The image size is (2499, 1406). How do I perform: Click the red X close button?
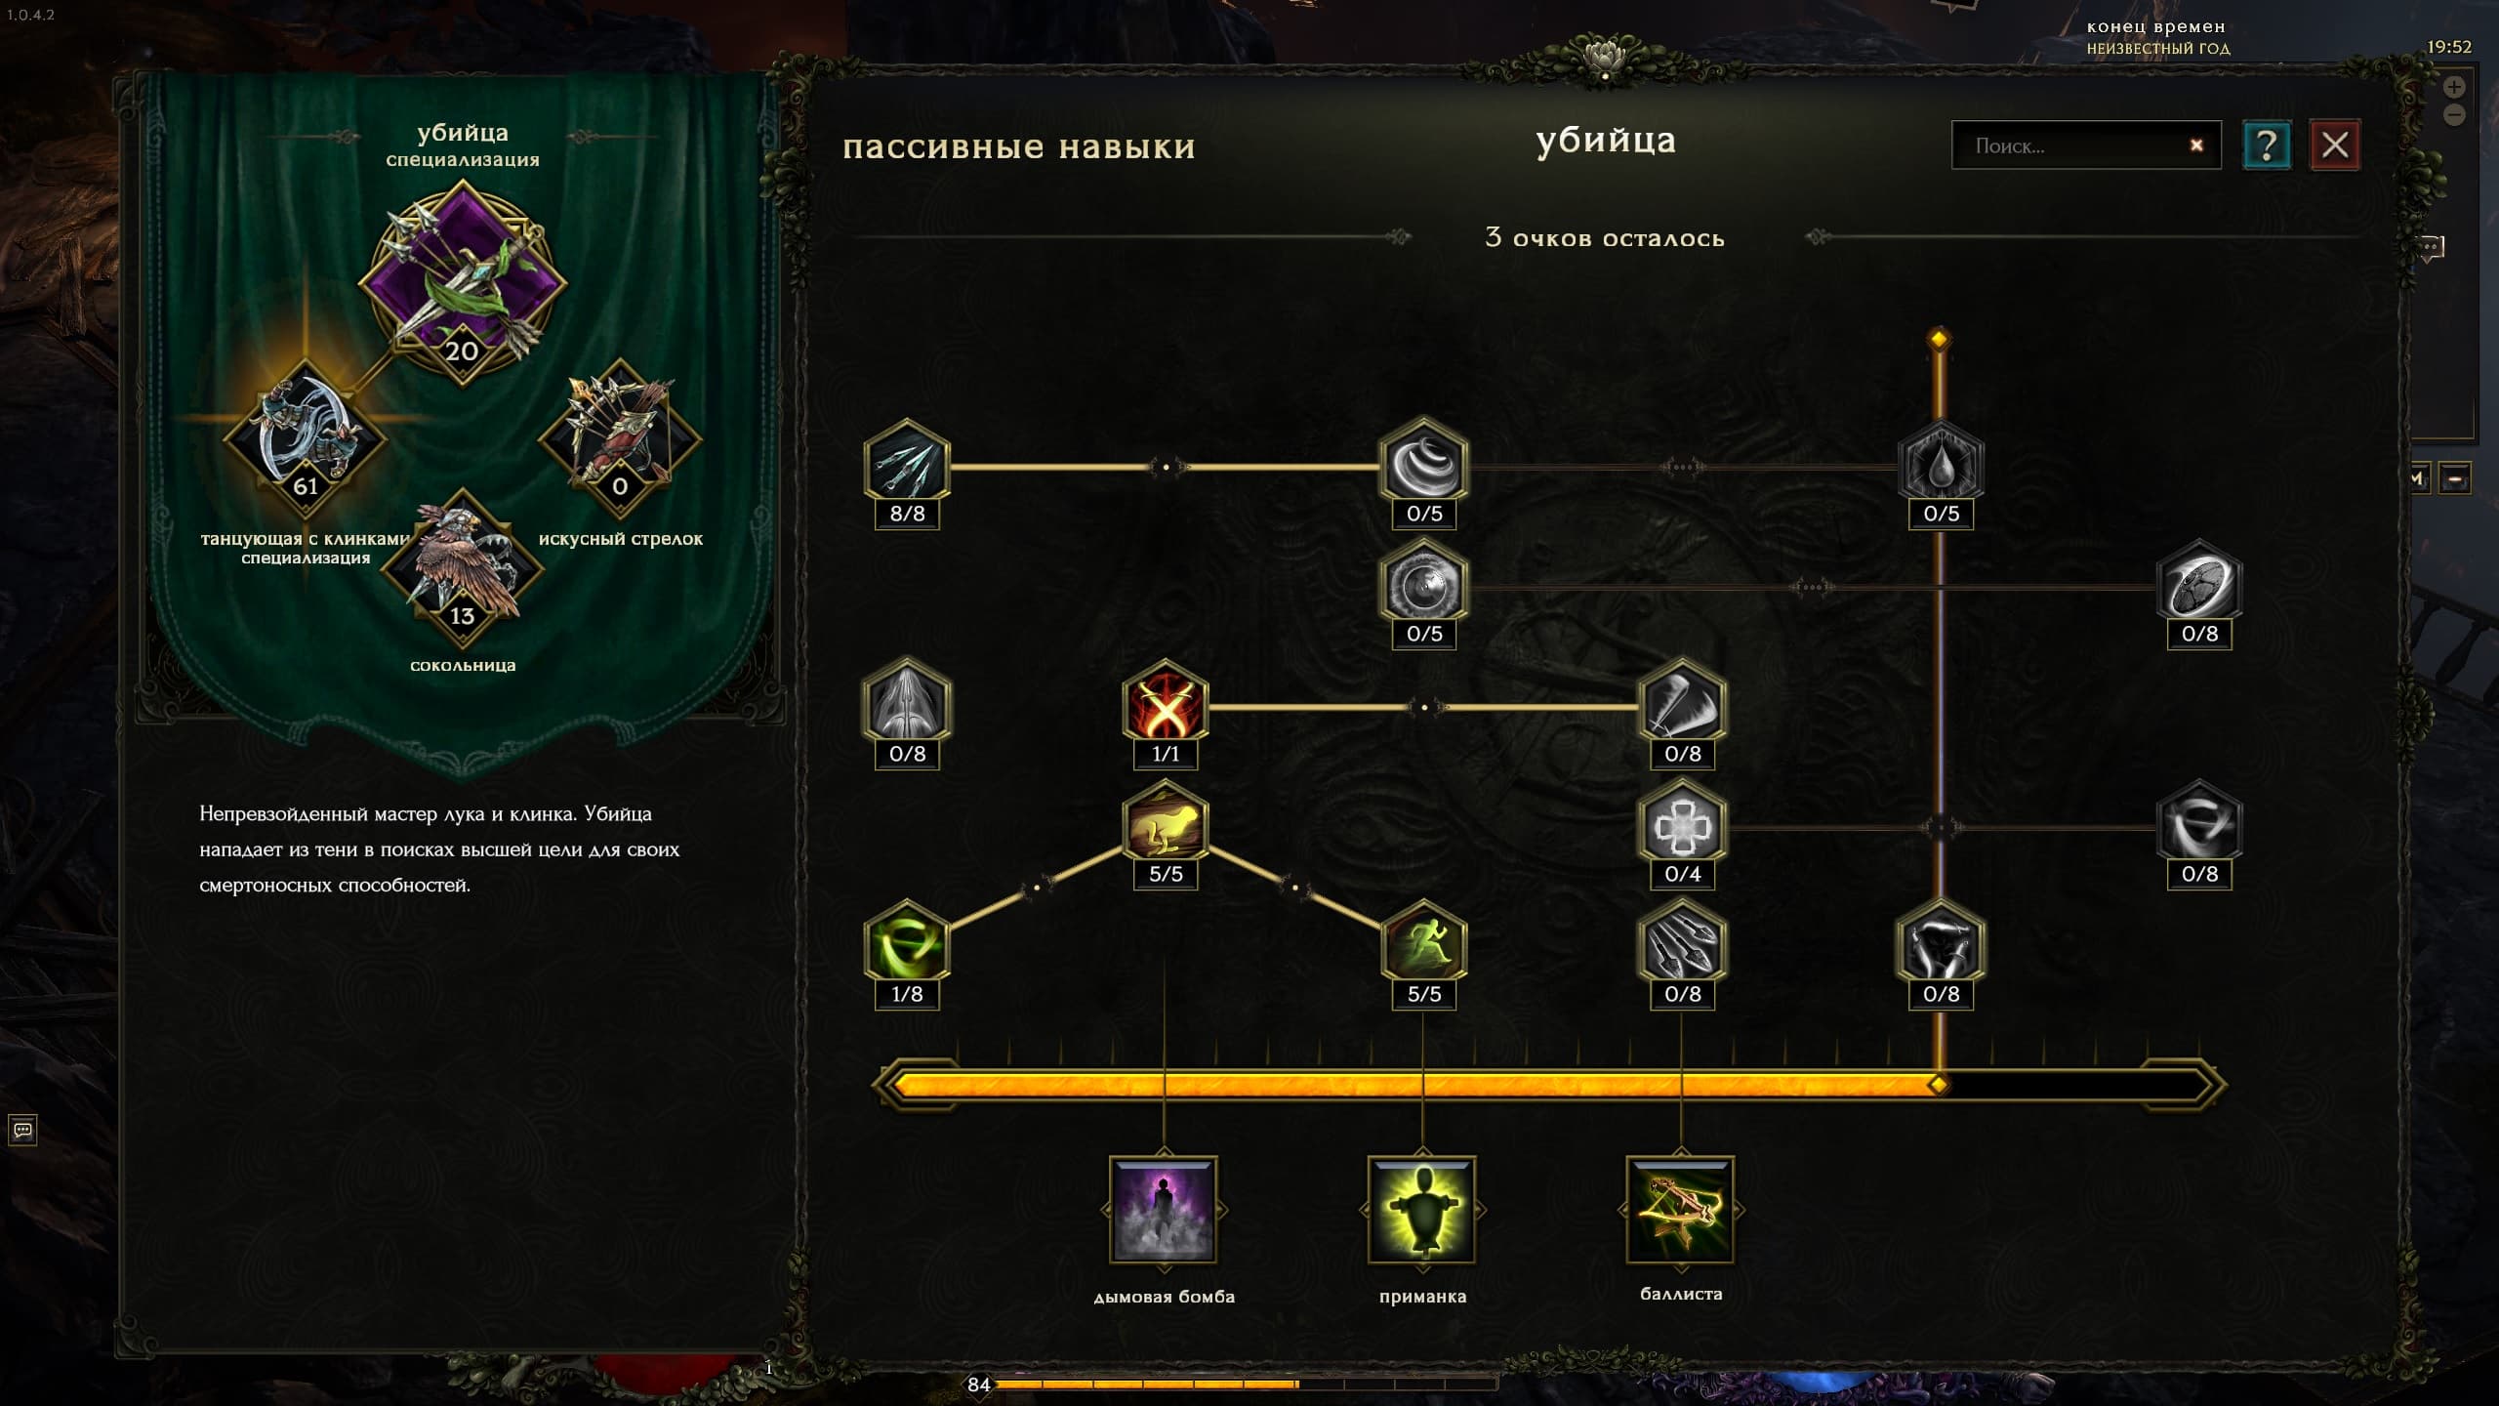2334,145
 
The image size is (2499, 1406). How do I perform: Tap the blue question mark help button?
2266,145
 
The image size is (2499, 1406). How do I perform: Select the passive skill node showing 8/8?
907,465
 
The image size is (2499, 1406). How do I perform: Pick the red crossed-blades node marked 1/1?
1166,705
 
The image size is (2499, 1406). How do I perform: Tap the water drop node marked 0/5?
1941,465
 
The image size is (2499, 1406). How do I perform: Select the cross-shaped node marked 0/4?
1682,825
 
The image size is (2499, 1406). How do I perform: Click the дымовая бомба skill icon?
1164,1210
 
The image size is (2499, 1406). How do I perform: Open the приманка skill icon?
1422,1210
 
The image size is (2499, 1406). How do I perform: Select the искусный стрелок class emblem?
620,437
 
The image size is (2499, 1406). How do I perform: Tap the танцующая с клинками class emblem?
306,437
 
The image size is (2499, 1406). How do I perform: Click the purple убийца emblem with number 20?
462,283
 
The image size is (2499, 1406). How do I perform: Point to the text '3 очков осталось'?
1605,237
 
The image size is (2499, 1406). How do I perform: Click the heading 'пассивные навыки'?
1019,146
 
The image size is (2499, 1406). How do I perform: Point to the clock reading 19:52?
2449,47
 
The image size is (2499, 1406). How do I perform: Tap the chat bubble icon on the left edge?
22,1130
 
